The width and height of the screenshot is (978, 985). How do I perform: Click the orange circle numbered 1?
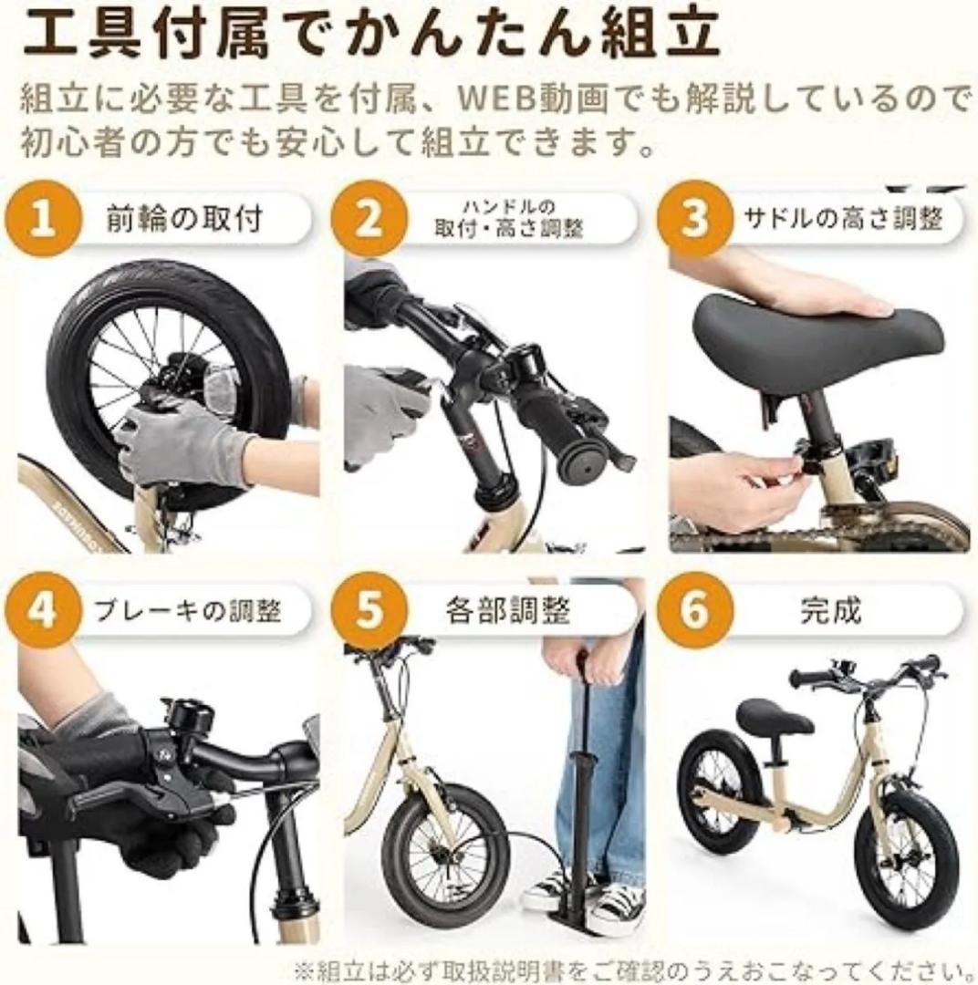point(43,222)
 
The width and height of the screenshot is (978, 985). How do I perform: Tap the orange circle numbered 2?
point(369,222)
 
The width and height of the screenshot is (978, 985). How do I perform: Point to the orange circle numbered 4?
point(43,610)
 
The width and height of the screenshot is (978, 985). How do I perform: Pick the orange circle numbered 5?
point(369,610)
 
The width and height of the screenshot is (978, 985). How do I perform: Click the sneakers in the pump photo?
point(584,898)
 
